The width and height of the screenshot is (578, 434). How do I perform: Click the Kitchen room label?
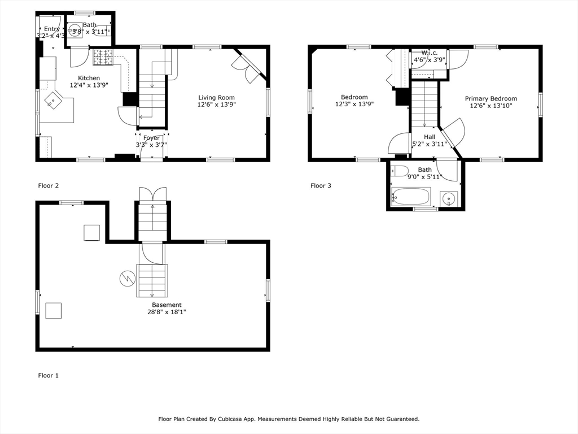point(89,78)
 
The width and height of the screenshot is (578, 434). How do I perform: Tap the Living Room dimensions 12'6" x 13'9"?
point(216,105)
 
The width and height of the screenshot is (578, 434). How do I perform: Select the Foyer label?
point(151,138)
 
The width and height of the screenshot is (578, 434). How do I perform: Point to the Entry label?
point(52,29)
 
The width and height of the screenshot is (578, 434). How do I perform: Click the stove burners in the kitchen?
point(103,57)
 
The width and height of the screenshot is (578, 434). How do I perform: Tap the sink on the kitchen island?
point(53,102)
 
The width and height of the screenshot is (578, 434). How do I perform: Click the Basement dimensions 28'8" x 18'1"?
point(167,311)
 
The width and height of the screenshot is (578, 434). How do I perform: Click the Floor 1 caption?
point(48,375)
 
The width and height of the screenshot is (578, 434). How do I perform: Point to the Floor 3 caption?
point(321,185)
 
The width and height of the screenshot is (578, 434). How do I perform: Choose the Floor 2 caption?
point(48,185)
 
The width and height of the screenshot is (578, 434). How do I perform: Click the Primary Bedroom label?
point(491,98)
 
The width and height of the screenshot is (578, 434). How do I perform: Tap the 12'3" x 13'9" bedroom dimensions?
point(354,104)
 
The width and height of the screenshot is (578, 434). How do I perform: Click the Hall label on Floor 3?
point(430,137)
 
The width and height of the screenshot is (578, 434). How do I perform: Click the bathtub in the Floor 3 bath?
point(411,196)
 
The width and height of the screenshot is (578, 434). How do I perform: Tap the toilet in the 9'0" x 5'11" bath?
point(401,170)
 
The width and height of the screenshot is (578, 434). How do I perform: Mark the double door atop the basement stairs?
point(152,194)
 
